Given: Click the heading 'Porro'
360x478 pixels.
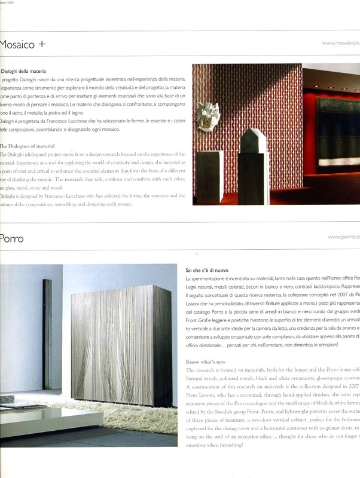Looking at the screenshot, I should [x=12, y=239].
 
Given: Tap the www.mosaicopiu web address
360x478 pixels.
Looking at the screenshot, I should [x=340, y=43].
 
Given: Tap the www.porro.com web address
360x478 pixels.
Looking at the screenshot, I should [x=343, y=237].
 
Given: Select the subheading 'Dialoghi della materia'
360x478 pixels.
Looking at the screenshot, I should [x=24, y=71].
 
